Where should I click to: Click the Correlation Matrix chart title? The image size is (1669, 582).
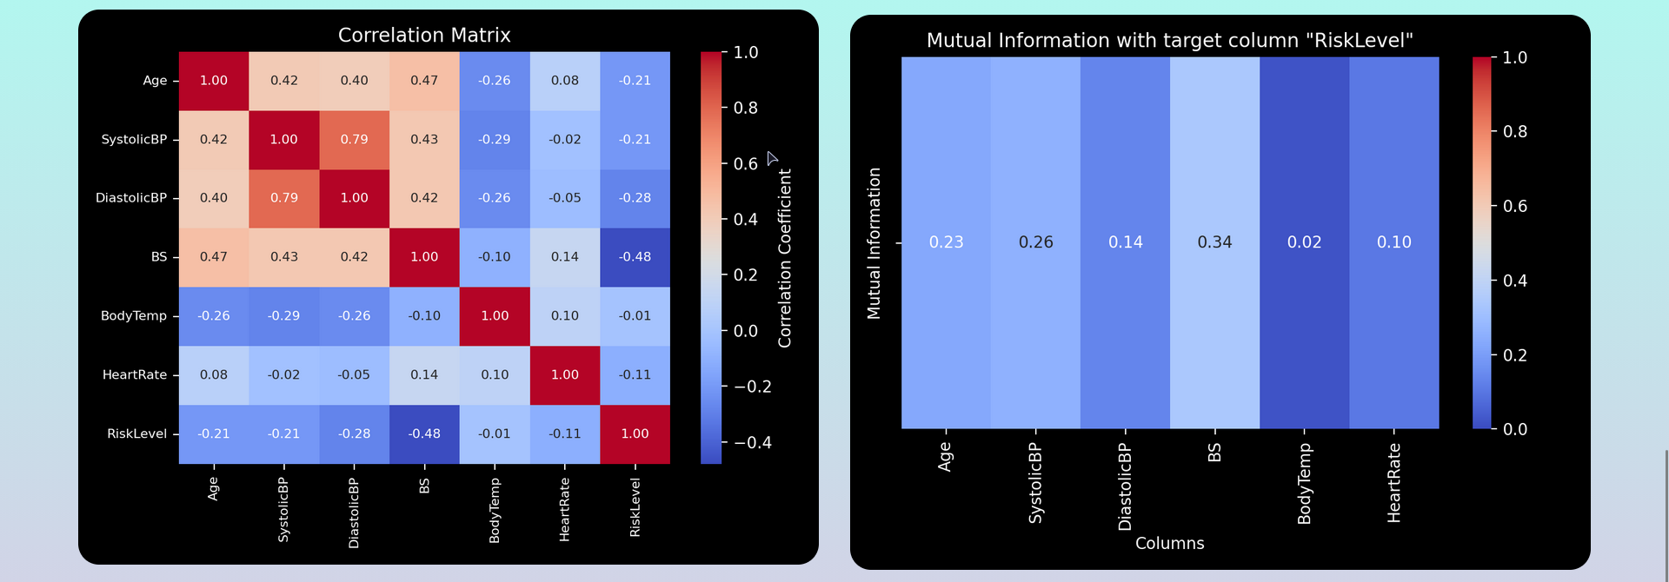click(x=424, y=36)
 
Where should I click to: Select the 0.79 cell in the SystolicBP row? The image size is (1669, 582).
click(x=354, y=139)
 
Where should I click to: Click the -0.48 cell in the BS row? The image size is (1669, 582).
click(x=635, y=257)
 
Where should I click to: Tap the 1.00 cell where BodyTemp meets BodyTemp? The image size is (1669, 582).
click(x=495, y=316)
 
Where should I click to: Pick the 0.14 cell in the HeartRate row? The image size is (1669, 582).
click(x=424, y=375)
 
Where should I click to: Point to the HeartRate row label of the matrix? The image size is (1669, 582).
click(x=135, y=375)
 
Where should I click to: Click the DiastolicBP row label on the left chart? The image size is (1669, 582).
click(x=131, y=198)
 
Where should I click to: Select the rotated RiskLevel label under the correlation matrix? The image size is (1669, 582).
click(x=635, y=507)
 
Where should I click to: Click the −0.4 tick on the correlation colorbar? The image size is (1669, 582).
click(x=748, y=442)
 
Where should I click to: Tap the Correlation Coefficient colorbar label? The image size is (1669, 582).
click(x=785, y=258)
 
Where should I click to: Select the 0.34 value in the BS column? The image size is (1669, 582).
click(x=1214, y=242)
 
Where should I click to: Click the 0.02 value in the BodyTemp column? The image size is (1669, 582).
click(x=1304, y=242)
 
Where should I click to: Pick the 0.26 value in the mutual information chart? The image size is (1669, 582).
click(x=1035, y=242)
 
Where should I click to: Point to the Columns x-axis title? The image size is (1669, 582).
click(x=1169, y=544)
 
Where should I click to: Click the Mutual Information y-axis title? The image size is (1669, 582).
click(x=874, y=243)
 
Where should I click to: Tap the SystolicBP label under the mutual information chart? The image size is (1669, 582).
click(x=1035, y=482)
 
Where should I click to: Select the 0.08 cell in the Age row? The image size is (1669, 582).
click(x=565, y=81)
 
